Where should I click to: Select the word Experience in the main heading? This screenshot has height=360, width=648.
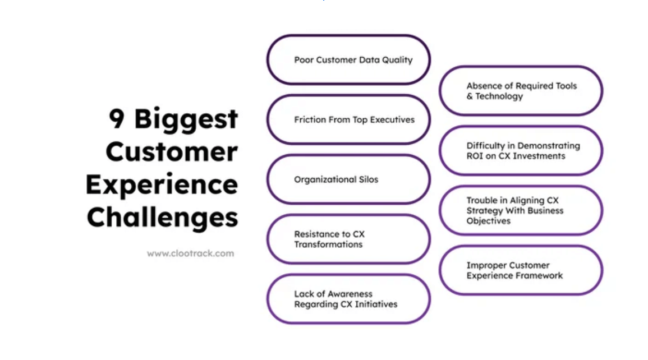tap(162, 185)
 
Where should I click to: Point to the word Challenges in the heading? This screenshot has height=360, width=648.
tap(163, 217)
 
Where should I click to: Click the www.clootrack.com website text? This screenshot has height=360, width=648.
tap(190, 253)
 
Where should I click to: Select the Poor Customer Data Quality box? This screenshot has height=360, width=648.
tap(348, 60)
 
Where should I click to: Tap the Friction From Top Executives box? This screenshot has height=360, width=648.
tap(348, 119)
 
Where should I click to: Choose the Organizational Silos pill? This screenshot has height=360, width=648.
tap(348, 179)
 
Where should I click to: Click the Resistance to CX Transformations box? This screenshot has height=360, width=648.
tap(348, 239)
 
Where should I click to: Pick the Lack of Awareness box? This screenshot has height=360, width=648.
tap(348, 299)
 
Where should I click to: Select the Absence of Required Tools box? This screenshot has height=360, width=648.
tap(521, 91)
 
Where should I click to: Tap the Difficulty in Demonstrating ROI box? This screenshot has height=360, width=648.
tap(521, 150)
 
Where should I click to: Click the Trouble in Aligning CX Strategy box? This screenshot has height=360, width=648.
tap(521, 210)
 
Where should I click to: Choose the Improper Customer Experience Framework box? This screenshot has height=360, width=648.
tap(521, 270)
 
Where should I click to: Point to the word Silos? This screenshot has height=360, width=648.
tap(367, 179)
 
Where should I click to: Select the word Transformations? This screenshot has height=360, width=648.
tap(328, 244)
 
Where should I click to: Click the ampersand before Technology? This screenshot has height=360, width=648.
tap(470, 96)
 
